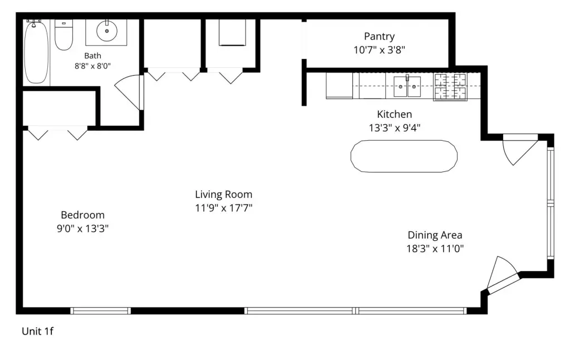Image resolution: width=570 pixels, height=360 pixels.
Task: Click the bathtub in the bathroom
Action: click(x=36, y=52)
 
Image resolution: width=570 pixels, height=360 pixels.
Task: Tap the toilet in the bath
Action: click(x=63, y=35)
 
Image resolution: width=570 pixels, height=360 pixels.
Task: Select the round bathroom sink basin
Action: click(x=106, y=31)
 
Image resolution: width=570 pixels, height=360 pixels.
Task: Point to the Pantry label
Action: click(x=379, y=36)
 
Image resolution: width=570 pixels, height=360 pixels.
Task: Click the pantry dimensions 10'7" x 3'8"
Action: click(x=379, y=50)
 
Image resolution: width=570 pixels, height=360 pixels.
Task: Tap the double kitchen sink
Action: click(x=407, y=86)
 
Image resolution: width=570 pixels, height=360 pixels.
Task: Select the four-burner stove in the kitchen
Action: click(x=450, y=87)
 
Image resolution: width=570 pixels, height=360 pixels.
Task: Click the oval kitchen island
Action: click(x=404, y=156)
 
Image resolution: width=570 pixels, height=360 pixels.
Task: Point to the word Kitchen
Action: click(x=395, y=115)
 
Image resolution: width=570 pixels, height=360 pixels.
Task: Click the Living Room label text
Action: click(x=224, y=194)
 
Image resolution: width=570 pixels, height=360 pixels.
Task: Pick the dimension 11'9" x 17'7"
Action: click(x=224, y=208)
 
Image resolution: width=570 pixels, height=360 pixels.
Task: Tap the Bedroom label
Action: click(x=82, y=215)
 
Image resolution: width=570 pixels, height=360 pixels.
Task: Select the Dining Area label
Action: click(x=435, y=235)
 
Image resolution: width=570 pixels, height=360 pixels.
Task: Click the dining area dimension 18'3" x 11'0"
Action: click(x=435, y=249)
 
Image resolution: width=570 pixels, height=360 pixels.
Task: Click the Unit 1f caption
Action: click(x=37, y=331)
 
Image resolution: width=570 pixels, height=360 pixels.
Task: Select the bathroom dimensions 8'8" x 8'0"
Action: click(x=93, y=66)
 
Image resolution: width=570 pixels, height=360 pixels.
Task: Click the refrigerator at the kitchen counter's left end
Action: click(x=339, y=86)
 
